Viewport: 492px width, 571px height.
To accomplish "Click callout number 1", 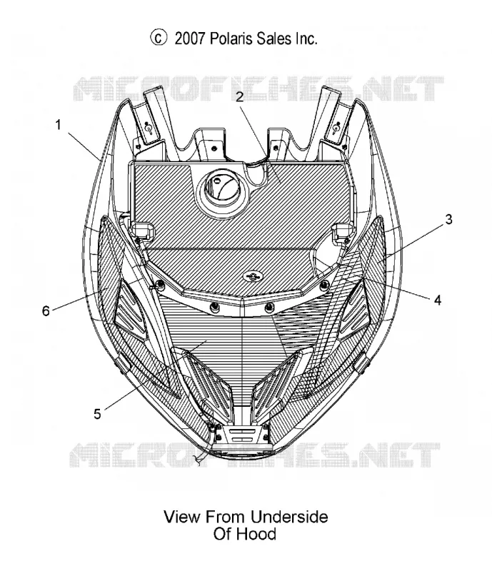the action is (58, 126).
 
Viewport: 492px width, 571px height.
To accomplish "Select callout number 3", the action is (448, 219).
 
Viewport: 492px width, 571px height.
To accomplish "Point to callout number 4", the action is (437, 300).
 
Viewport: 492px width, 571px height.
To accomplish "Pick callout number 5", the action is (97, 414).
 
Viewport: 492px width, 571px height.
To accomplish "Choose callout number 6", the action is (46, 311).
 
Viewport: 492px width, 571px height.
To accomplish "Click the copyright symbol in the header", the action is (159, 38).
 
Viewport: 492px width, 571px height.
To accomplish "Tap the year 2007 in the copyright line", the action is (190, 39).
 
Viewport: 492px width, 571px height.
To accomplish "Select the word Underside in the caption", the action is (289, 517).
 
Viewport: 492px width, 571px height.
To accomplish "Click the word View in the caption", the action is (182, 517).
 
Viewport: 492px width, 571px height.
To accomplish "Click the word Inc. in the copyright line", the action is (306, 39).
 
